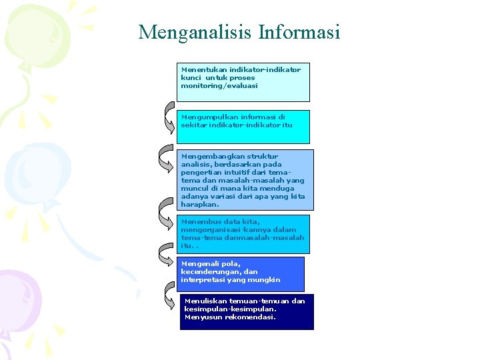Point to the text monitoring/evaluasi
pyautogui.click(x=219, y=85)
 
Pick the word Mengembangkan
pyautogui.click(x=208, y=156)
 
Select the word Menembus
pyautogui.click(x=198, y=221)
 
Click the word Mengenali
pyautogui.click(x=198, y=264)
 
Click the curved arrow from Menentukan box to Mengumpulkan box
pyautogui.click(x=169, y=117)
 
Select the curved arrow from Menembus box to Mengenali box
pyautogui.click(x=167, y=252)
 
